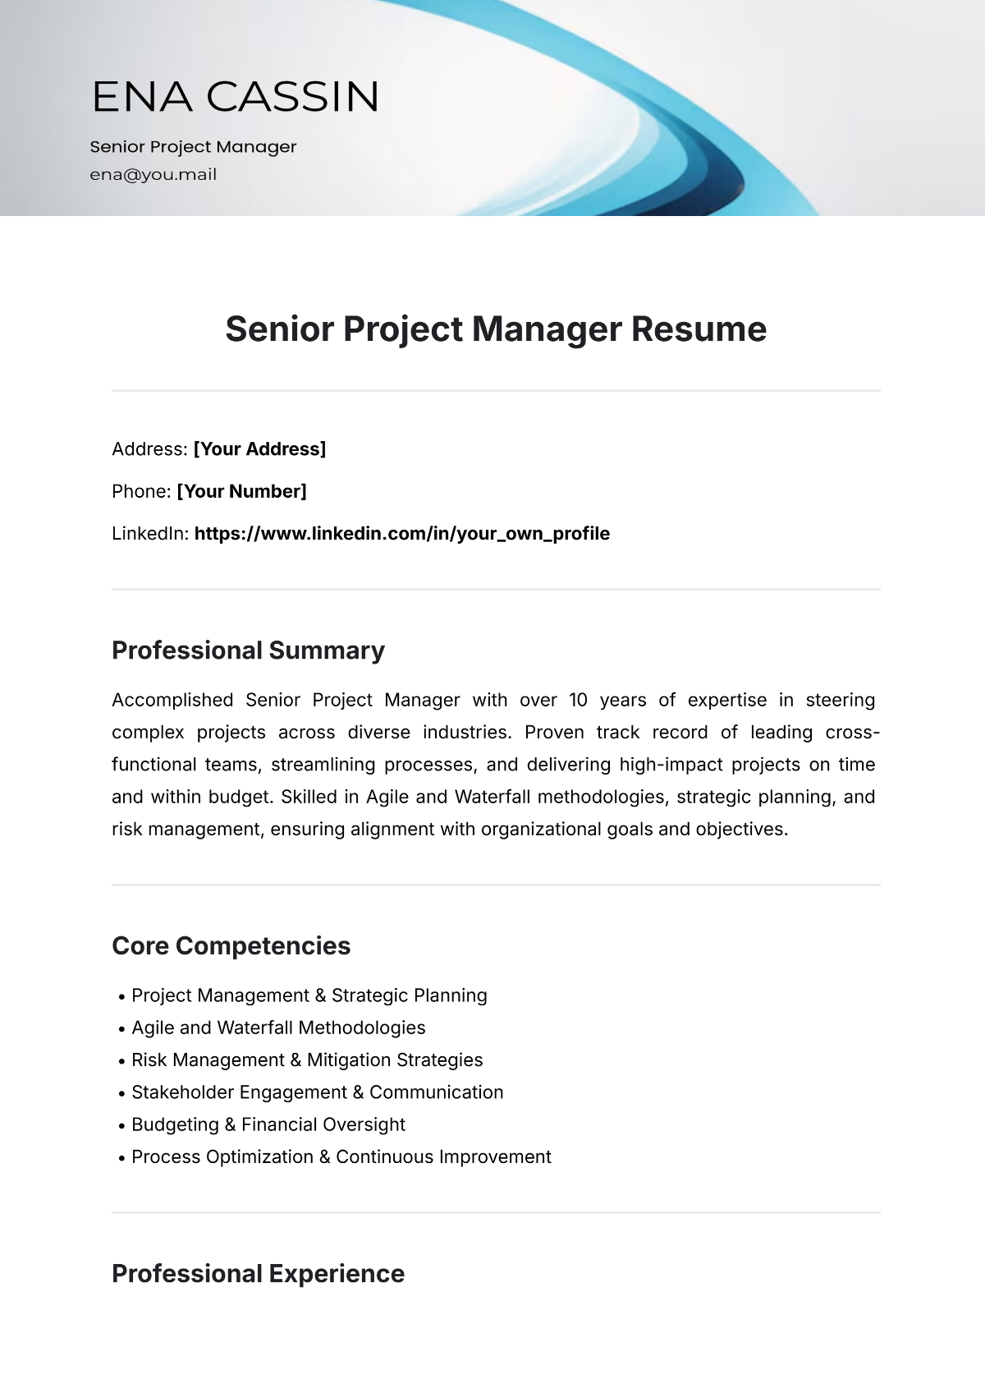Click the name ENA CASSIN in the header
click(x=236, y=97)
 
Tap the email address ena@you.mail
click(x=153, y=174)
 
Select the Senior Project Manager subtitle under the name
click(x=193, y=147)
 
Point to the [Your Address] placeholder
click(x=259, y=449)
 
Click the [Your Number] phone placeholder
click(x=241, y=492)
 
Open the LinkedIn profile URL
click(x=401, y=534)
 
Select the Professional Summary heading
click(x=248, y=651)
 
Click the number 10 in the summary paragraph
click(x=578, y=701)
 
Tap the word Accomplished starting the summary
click(x=172, y=701)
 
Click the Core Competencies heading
click(x=231, y=946)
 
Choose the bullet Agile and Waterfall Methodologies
click(x=278, y=1028)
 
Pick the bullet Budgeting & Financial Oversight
click(x=268, y=1125)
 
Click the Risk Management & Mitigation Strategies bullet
click(x=307, y=1060)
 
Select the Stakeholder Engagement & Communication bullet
click(x=317, y=1092)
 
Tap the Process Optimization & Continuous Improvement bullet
click(x=341, y=1157)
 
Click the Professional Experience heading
click(x=258, y=1274)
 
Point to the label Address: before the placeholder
click(x=149, y=449)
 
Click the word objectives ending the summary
click(x=740, y=830)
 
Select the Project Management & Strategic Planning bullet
click(x=309, y=995)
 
